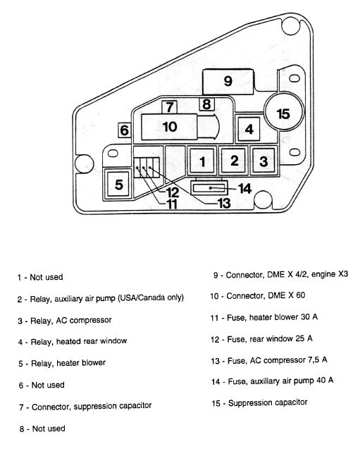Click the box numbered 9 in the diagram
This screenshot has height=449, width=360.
pos(228,82)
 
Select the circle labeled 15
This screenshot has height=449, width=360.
pos(283,112)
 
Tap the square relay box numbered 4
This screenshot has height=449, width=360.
pos(249,129)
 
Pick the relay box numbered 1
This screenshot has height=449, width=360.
pos(202,161)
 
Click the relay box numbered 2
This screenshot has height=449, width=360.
pos(234,161)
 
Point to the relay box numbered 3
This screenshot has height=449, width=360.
pos(264,161)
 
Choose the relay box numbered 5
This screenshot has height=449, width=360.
pos(118,184)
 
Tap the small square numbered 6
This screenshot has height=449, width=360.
pos(125,130)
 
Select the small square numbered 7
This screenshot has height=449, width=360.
pos(169,107)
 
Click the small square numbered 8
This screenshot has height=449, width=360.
pos(206,104)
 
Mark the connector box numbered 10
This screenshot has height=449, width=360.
pos(169,127)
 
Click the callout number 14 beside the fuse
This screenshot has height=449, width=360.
pos(244,189)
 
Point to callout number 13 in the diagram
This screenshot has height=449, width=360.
pos(224,203)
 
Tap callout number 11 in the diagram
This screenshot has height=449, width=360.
pos(172,204)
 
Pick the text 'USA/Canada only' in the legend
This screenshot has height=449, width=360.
pos(151,297)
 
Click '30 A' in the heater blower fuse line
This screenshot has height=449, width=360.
pos(309,316)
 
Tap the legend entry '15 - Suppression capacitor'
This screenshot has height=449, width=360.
pos(259,403)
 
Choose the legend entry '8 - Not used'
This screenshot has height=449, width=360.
pos(42,429)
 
